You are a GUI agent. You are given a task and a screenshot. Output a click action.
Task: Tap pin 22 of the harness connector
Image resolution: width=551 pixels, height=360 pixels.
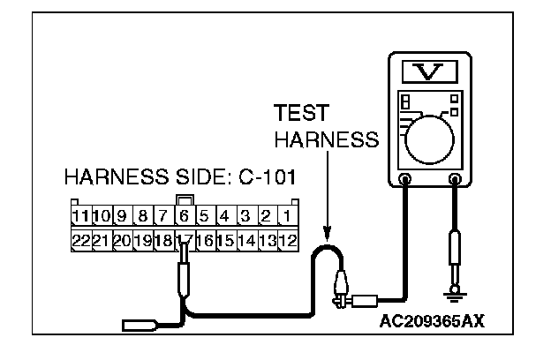click(x=80, y=239)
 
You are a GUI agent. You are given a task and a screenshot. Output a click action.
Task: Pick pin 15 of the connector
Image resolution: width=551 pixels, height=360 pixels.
click(x=226, y=239)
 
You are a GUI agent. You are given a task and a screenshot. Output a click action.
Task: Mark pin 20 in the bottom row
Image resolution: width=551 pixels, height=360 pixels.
click(x=122, y=239)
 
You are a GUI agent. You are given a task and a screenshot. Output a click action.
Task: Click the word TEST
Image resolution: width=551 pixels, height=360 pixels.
click(x=301, y=114)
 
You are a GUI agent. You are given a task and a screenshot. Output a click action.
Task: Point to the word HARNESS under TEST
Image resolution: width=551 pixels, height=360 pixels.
click(x=326, y=140)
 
